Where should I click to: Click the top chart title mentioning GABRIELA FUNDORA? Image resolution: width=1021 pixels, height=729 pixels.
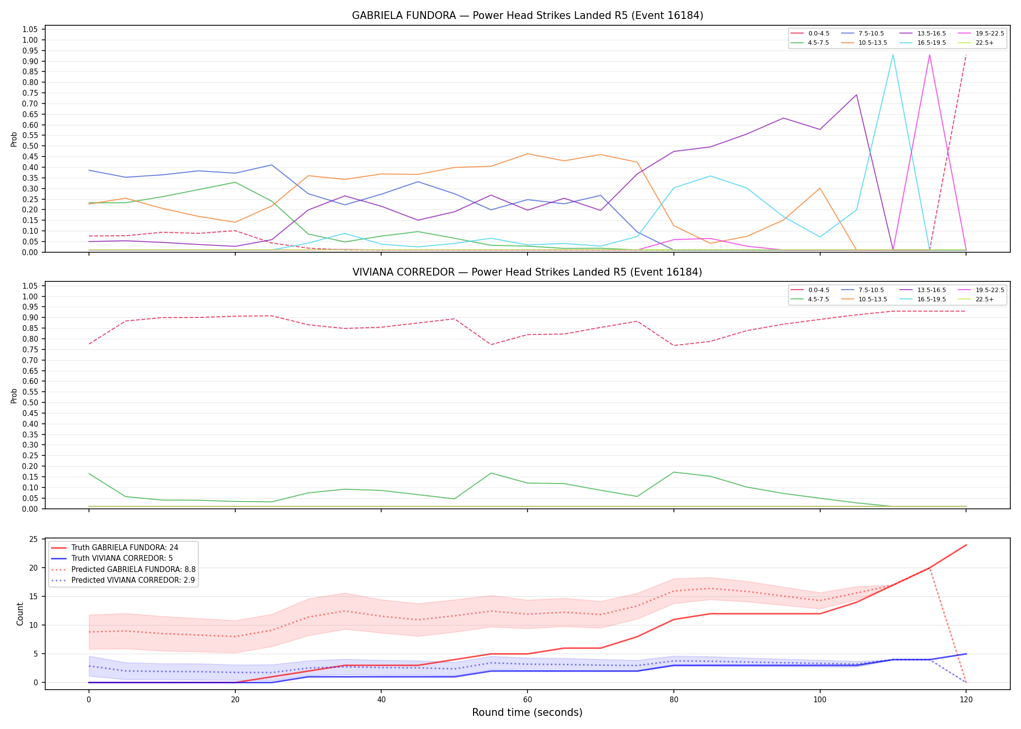(528, 16)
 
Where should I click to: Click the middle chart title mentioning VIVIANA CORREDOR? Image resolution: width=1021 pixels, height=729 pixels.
(528, 272)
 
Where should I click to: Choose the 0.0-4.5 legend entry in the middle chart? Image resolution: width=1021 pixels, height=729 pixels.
(810, 290)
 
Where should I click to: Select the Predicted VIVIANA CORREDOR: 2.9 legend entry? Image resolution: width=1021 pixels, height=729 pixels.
(123, 580)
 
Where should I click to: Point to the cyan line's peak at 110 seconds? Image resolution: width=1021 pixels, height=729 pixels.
(893, 54)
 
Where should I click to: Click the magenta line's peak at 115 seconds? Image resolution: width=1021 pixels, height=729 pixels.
(929, 54)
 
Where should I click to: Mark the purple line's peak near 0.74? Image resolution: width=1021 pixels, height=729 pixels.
(856, 95)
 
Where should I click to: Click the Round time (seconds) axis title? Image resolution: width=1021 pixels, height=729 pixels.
(527, 712)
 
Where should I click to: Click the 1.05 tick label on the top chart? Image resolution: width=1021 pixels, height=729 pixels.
(30, 30)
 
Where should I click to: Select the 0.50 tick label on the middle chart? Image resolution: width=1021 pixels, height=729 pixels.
(30, 403)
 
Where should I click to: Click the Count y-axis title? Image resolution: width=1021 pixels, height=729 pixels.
(20, 614)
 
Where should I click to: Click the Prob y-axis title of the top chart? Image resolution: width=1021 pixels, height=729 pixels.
(14, 139)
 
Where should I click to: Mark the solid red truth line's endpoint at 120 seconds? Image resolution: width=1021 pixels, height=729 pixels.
(966, 545)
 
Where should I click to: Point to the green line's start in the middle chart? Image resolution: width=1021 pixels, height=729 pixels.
(89, 474)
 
